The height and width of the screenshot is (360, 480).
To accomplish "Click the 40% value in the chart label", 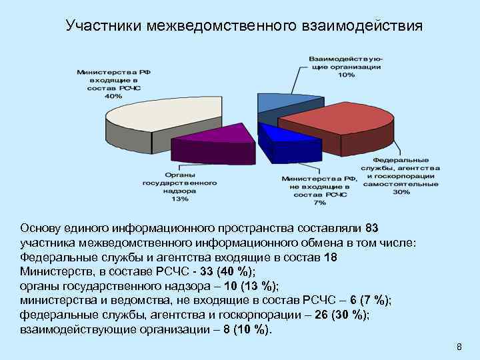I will point(113,95).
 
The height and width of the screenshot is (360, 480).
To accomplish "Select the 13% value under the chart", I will point(179,198).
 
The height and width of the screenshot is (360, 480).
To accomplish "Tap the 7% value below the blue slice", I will point(319,201).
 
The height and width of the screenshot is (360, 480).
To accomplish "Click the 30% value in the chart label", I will point(401,192).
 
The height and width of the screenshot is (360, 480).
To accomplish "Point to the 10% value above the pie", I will point(346,75).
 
